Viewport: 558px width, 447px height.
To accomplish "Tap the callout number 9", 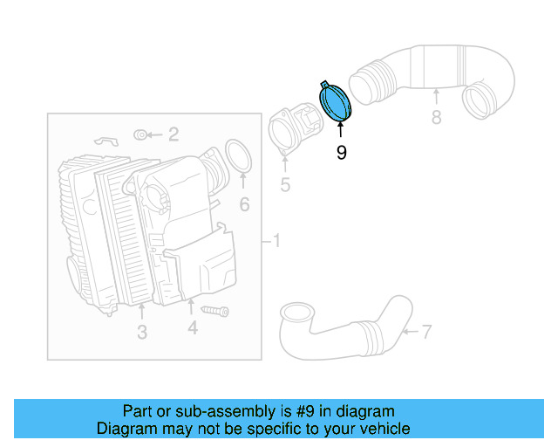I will click(x=341, y=153).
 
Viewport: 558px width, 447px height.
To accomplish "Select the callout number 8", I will click(x=436, y=116).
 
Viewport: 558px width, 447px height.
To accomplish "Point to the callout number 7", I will click(x=426, y=331).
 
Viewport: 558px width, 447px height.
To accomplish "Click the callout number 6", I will click(x=244, y=205).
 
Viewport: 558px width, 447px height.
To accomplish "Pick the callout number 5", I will click(x=284, y=185).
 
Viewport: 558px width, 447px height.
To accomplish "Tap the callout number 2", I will click(x=174, y=134).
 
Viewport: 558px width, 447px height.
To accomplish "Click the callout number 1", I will click(x=276, y=240).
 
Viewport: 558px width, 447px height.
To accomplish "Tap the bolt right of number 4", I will click(x=214, y=310).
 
